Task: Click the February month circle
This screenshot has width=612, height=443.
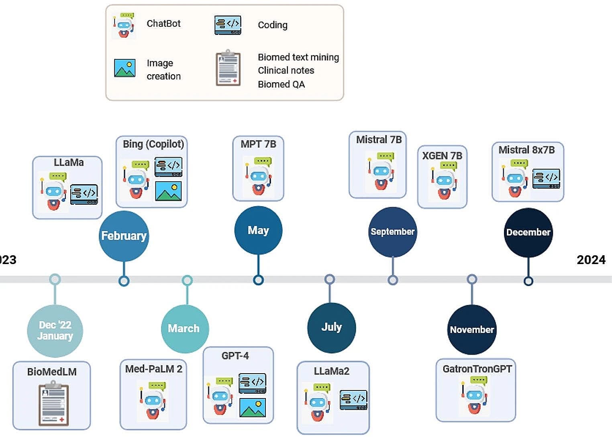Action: point(124,236)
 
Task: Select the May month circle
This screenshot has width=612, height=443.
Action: point(258,230)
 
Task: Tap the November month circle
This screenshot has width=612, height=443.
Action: point(472,329)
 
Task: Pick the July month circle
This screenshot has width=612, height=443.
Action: point(331,327)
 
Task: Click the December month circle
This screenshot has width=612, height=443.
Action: point(528,232)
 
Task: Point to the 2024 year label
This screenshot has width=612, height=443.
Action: point(591,260)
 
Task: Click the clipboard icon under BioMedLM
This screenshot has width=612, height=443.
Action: point(53,404)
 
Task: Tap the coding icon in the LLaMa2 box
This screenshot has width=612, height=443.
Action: point(353,400)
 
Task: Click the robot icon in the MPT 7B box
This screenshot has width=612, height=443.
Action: point(258,176)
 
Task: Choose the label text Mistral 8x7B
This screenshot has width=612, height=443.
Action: point(526,150)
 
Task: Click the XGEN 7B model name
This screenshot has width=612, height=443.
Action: point(442,156)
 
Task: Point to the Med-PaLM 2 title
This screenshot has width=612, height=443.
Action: point(153,369)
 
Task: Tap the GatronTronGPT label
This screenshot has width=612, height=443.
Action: point(477,369)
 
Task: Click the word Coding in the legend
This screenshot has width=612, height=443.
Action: point(273,25)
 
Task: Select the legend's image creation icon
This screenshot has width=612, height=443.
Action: point(124,68)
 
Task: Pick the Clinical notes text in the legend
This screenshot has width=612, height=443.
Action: point(286,71)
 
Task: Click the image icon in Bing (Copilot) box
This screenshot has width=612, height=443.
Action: point(168,191)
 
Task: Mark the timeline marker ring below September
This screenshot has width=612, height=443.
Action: point(393,280)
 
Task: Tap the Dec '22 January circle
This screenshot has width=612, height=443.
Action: point(55,331)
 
